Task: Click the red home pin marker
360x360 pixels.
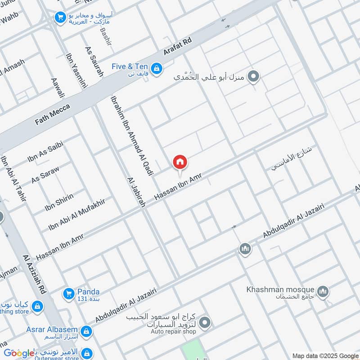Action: click(180, 162)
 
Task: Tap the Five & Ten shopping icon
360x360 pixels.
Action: click(156, 68)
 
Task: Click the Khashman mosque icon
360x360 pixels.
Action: click(322, 292)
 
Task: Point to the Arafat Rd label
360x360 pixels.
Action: click(178, 46)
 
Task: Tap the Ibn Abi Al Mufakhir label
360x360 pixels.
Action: click(76, 213)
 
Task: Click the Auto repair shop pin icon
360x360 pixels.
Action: click(205, 322)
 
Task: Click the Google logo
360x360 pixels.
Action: click(19, 353)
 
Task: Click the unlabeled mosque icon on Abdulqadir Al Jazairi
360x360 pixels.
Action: click(245, 248)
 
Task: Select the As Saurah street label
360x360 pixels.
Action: click(94, 60)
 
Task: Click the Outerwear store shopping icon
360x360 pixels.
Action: click(88, 353)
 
